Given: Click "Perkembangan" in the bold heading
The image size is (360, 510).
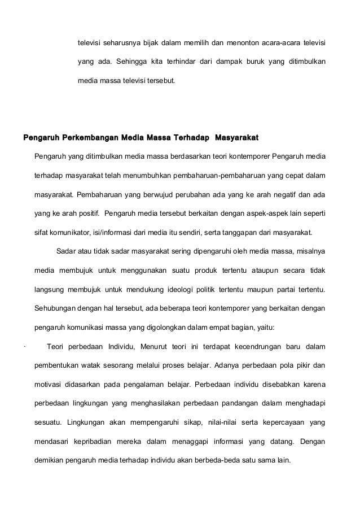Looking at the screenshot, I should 90,137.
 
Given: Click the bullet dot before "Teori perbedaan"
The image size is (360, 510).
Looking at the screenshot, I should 22,347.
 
